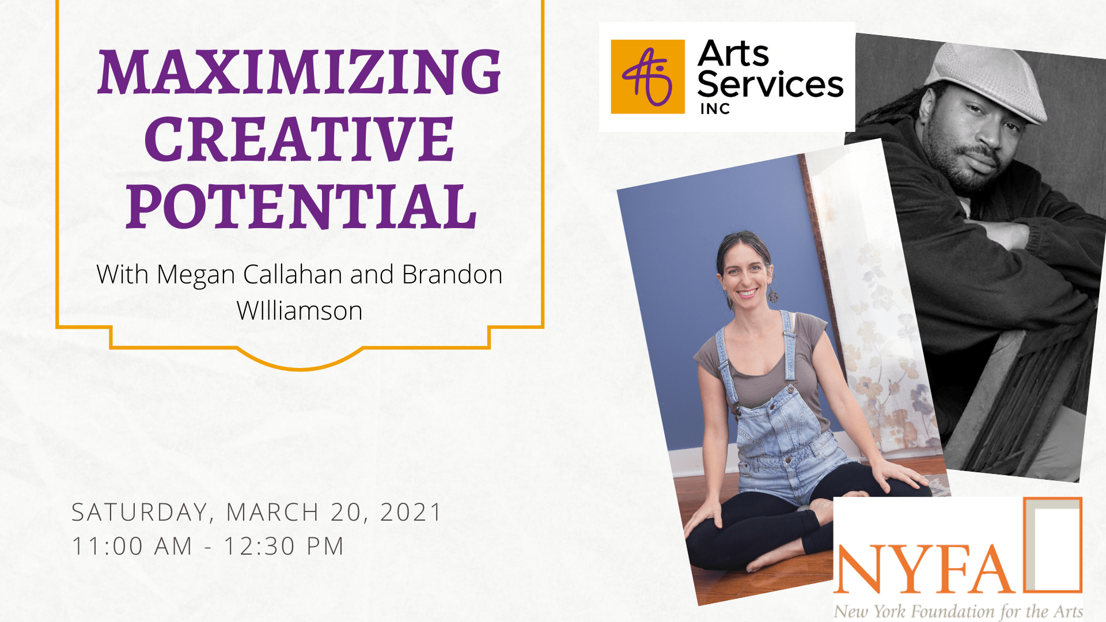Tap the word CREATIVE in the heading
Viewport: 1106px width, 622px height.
[x=300, y=139]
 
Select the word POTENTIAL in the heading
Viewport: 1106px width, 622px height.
[x=301, y=206]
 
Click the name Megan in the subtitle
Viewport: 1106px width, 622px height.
[x=195, y=275]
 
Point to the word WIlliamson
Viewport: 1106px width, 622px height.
[x=300, y=311]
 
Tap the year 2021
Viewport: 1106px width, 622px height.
[x=411, y=512]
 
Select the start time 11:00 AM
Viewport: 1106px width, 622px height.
[x=132, y=546]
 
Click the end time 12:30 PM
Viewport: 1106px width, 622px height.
[x=284, y=546]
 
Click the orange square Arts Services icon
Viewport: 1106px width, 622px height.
[x=647, y=77]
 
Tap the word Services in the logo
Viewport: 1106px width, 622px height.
[x=770, y=84]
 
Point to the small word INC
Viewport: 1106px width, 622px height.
[x=715, y=109]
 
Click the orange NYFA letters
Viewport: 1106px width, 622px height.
[x=924, y=568]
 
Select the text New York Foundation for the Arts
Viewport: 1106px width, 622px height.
[x=959, y=610]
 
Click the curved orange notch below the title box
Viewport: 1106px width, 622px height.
[x=300, y=361]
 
